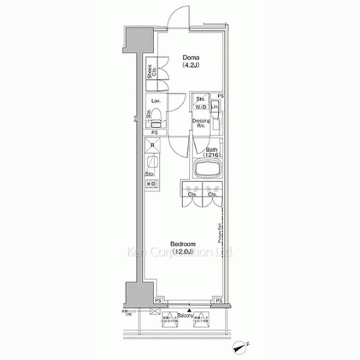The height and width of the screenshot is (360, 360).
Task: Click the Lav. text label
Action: (x=155, y=102)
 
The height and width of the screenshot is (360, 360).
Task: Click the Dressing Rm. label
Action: (x=202, y=125)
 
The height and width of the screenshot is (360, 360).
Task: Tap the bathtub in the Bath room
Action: (x=208, y=172)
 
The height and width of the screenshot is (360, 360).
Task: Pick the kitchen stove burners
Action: (x=153, y=185)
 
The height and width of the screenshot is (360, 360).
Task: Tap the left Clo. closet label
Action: (x=192, y=194)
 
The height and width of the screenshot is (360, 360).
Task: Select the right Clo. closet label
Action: (x=212, y=194)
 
